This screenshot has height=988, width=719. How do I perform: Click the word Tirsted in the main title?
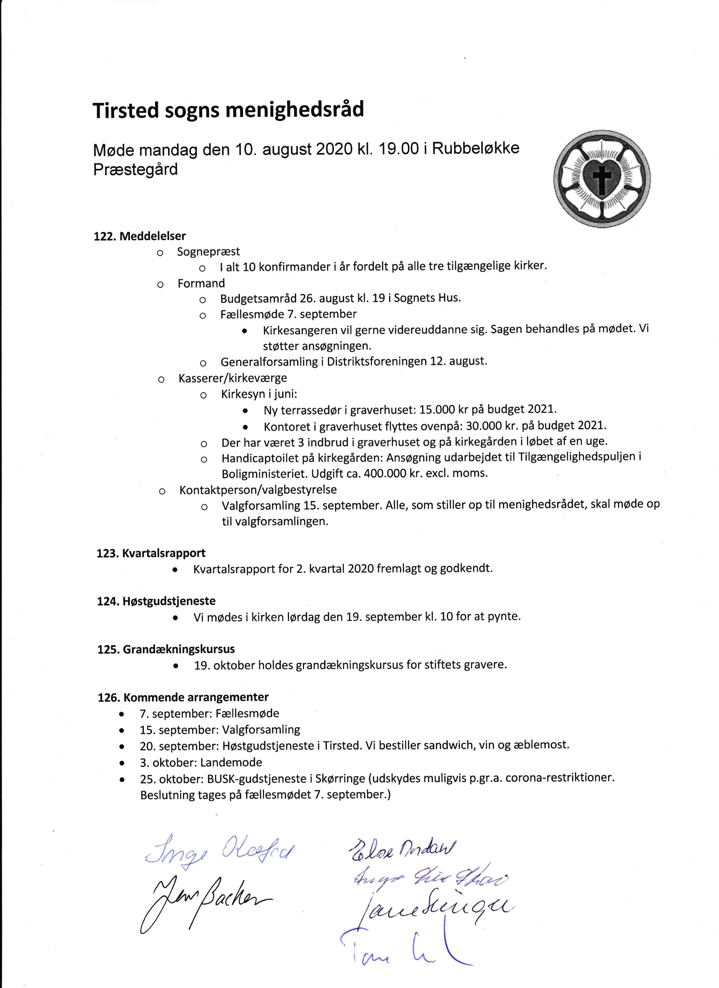tap(125, 111)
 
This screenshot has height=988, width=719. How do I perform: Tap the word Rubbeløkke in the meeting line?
tap(476, 149)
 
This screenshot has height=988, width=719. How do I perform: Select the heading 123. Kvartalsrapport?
tap(151, 553)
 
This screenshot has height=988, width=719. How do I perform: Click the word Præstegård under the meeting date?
tap(135, 169)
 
